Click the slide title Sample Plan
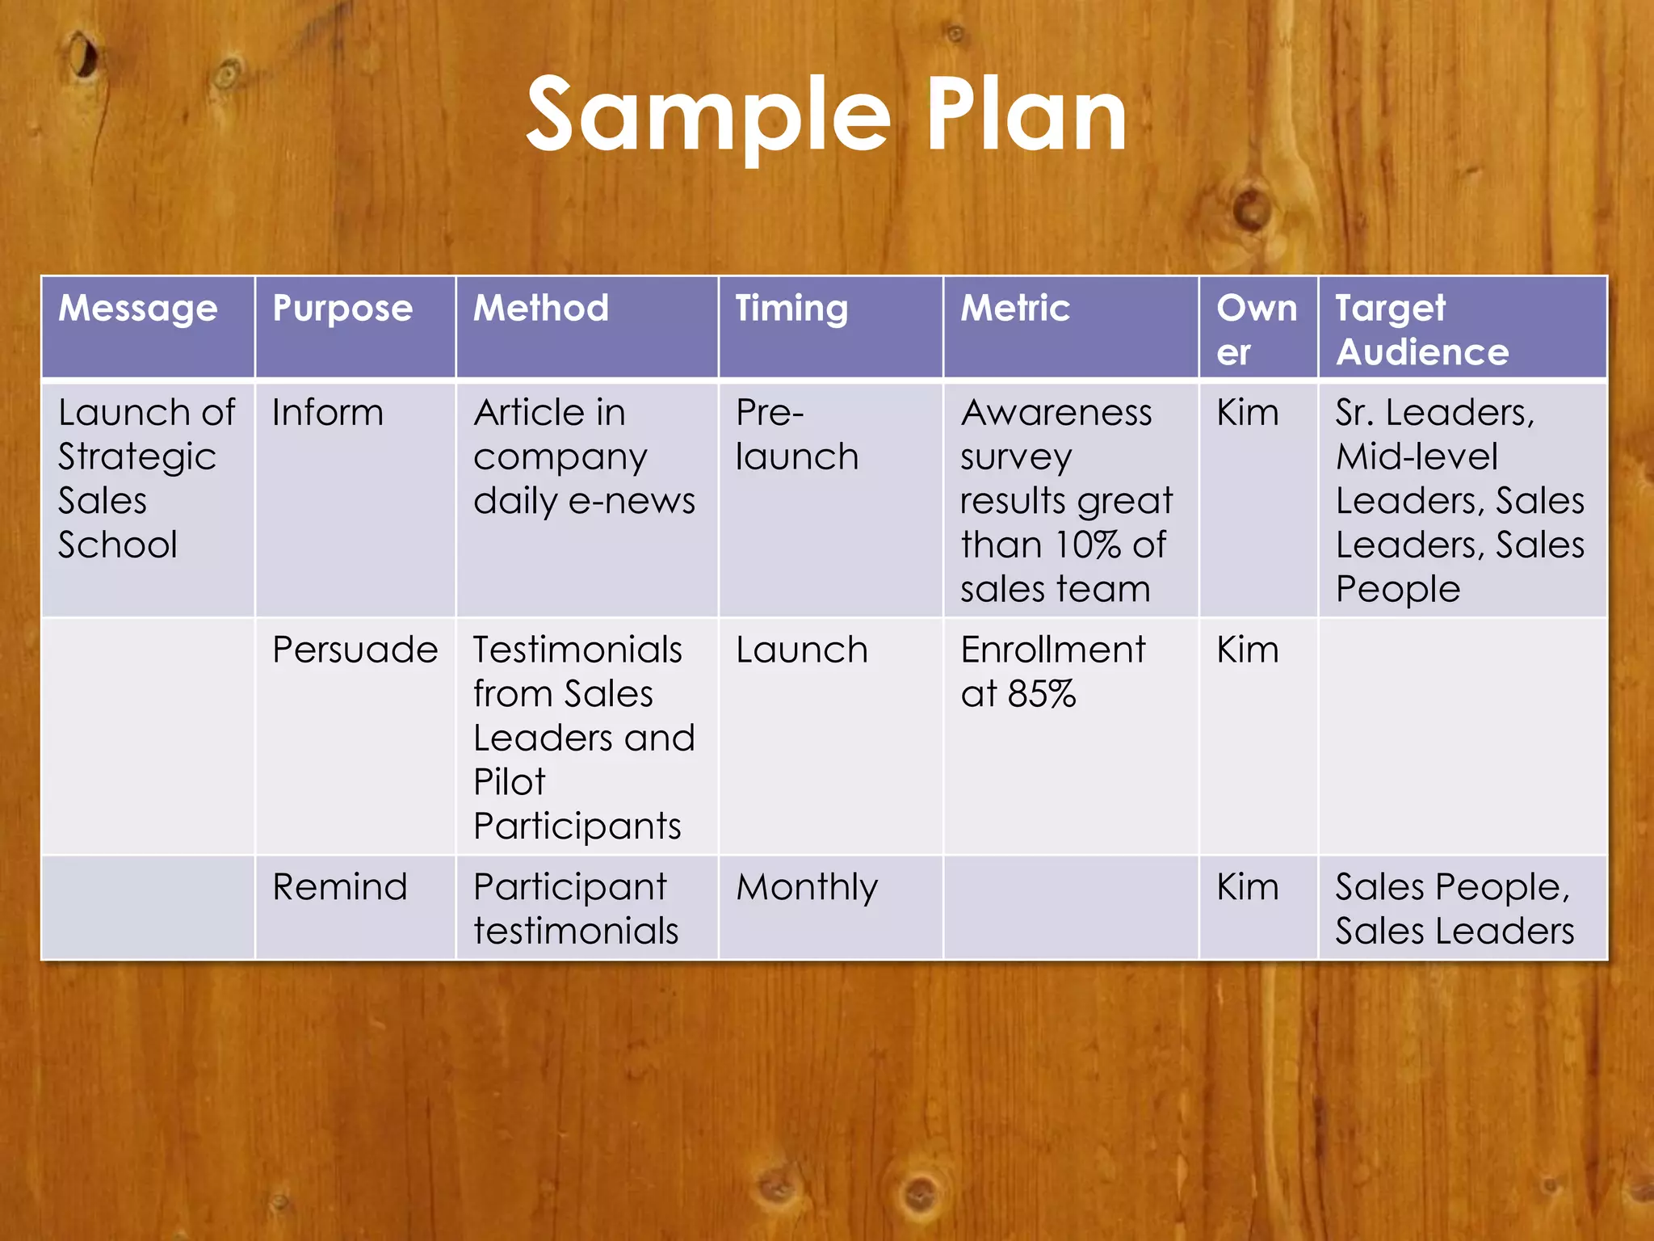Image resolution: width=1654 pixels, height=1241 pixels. pyautogui.click(x=826, y=115)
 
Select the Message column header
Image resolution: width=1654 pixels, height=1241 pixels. pyautogui.click(x=138, y=308)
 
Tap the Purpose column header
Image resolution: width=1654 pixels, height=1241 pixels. pyautogui.click(x=342, y=309)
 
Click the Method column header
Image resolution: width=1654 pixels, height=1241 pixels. pyautogui.click(x=541, y=308)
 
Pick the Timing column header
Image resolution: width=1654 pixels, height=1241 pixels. pyautogui.click(x=791, y=308)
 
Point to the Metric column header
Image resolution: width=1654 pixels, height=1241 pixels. pyautogui.click(x=1015, y=308)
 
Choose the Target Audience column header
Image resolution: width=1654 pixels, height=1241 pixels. pyautogui.click(x=1421, y=330)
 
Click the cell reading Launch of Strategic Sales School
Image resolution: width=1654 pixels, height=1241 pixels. pyautogui.click(x=146, y=478)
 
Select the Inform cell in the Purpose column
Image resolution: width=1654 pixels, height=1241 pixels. pyautogui.click(x=327, y=413)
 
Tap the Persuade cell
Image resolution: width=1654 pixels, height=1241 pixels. pyautogui.click(x=355, y=650)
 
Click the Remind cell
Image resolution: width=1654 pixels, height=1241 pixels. pyautogui.click(x=339, y=887)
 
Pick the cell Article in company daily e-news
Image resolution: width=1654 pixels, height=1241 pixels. pyautogui.click(x=583, y=456)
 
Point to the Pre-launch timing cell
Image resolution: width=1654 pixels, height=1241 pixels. pyautogui.click(x=796, y=435)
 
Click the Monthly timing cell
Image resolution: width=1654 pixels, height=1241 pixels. pyautogui.click(x=806, y=887)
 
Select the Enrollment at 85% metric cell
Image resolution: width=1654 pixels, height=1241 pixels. pyautogui.click(x=1052, y=671)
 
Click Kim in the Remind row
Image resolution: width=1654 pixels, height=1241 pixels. pyautogui.click(x=1247, y=887)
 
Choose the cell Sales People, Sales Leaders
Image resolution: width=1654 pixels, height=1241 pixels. pyautogui.click(x=1454, y=909)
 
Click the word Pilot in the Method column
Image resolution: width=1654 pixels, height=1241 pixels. pyautogui.click(x=510, y=782)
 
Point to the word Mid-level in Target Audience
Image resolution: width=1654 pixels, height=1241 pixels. pyautogui.click(x=1417, y=457)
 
